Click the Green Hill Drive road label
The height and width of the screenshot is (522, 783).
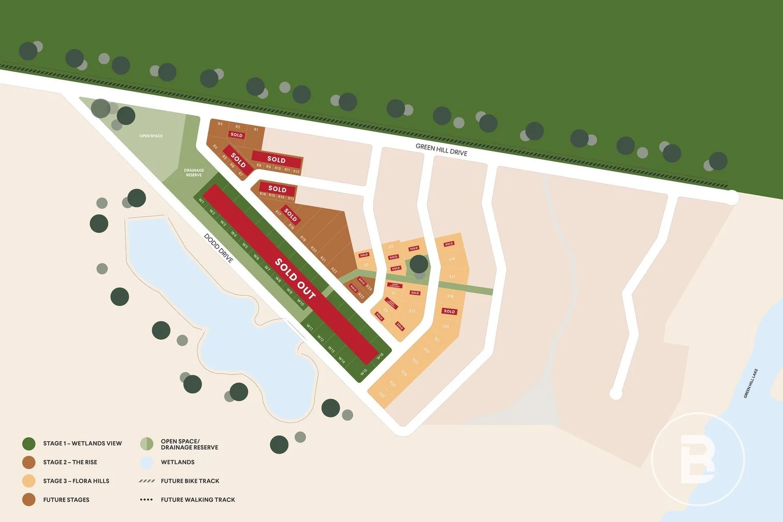coord(441,150)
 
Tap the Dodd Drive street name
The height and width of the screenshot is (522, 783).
coord(218,248)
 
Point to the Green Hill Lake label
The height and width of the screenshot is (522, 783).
coord(750,383)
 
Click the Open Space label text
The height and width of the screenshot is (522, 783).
coord(151,136)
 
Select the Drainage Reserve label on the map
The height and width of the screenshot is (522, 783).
coord(194,173)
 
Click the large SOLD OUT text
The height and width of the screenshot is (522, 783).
coord(295,278)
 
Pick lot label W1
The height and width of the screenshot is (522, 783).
coord(202,201)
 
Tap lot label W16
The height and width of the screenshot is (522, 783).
coord(380,356)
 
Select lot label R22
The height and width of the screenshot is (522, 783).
coord(333,270)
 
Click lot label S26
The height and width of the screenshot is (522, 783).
coord(381,395)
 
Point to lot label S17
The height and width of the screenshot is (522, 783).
coord(452,277)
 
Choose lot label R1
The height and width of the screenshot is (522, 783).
coord(256,130)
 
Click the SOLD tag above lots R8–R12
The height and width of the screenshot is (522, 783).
coord(276,159)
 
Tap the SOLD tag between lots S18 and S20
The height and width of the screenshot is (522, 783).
coord(449,311)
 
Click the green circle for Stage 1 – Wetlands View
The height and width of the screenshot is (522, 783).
coord(29,443)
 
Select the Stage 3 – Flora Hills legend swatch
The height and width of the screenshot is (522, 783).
coord(29,481)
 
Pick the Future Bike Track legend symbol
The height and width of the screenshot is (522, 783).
coord(146,481)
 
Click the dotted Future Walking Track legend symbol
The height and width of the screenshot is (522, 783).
coord(146,500)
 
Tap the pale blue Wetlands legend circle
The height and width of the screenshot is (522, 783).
coord(146,463)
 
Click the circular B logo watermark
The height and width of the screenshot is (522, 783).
coord(697,459)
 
